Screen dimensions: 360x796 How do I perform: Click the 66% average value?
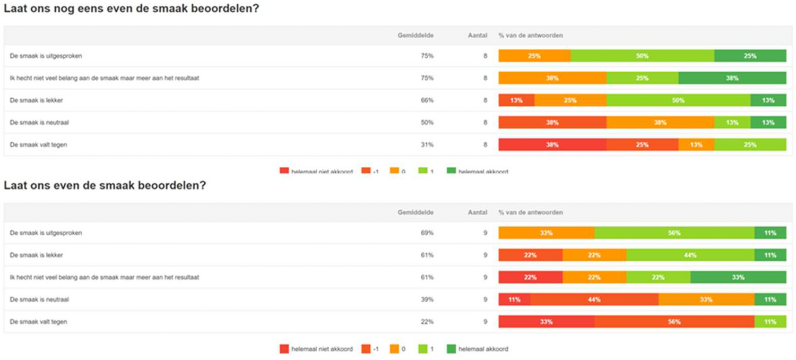click(x=427, y=100)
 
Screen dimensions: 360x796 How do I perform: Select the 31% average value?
click(x=427, y=144)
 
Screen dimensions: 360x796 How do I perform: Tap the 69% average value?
click(x=427, y=233)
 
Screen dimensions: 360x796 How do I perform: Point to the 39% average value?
click(x=427, y=299)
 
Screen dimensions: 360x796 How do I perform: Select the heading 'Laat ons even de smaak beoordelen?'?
click(x=105, y=186)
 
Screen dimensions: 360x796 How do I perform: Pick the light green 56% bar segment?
click(x=674, y=233)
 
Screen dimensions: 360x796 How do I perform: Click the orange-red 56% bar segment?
click(x=674, y=322)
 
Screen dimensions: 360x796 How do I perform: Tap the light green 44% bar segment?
click(x=690, y=255)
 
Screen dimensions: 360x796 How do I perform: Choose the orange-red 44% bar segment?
click(x=594, y=299)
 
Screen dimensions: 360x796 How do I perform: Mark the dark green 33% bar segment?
click(x=738, y=277)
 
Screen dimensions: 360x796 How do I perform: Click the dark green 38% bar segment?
click(x=732, y=78)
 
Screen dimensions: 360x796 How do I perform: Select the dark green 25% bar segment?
click(x=750, y=56)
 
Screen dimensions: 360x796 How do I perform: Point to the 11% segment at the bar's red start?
click(x=514, y=299)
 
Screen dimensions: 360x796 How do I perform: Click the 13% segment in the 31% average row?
click(x=696, y=144)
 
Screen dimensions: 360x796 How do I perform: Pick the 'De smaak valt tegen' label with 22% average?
click(x=38, y=322)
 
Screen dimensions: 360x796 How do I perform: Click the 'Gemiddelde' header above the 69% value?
click(x=416, y=212)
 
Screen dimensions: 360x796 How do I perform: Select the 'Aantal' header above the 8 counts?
click(x=477, y=36)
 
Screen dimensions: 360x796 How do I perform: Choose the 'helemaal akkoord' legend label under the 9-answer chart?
click(x=483, y=349)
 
